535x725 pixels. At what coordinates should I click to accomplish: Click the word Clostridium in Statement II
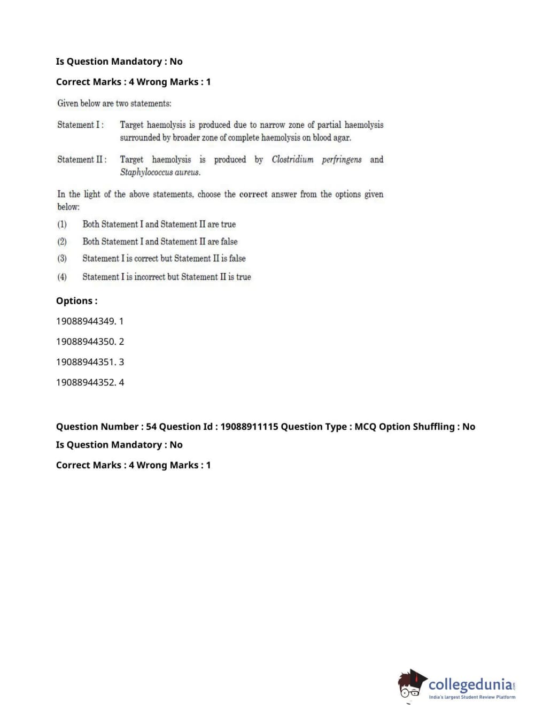tap(292, 159)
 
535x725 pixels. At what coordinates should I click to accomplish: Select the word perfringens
tap(342, 159)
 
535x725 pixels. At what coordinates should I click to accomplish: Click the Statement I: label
tap(81, 125)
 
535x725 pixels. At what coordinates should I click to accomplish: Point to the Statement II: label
tap(82, 159)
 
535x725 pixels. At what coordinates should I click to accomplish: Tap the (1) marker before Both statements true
tap(62, 224)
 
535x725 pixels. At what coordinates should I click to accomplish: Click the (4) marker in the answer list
tap(62, 277)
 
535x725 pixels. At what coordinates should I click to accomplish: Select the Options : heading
tap(77, 301)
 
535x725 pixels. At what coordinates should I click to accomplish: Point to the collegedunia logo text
tap(470, 684)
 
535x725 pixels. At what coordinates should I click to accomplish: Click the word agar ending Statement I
tap(342, 138)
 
